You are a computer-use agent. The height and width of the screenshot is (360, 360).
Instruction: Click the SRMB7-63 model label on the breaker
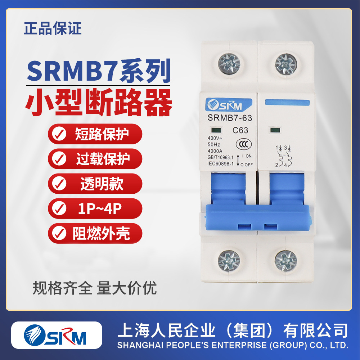pyautogui.click(x=230, y=118)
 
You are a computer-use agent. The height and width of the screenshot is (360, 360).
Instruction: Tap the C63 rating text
pyautogui.click(x=240, y=131)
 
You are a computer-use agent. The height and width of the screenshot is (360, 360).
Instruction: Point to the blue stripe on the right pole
pyautogui.click(x=287, y=102)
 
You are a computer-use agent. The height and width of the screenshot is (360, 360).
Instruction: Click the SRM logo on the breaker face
pyautogui.click(x=224, y=105)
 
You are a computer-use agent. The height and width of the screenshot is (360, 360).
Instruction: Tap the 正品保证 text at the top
pyautogui.click(x=53, y=28)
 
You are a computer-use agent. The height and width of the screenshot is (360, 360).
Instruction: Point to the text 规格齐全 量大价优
pyautogui.click(x=95, y=288)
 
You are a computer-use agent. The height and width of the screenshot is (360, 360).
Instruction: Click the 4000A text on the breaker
pyautogui.click(x=215, y=152)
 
